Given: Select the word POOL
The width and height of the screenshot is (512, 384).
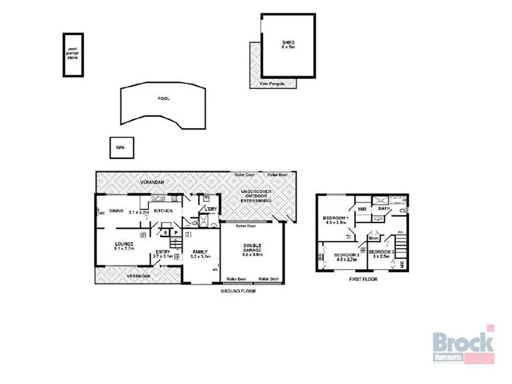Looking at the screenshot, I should click(x=164, y=99).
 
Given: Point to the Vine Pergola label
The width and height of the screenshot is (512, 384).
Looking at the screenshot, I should click(x=272, y=84).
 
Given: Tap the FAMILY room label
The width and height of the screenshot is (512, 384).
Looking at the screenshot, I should click(x=200, y=252).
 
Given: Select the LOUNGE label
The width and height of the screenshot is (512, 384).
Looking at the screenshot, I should click(x=123, y=244).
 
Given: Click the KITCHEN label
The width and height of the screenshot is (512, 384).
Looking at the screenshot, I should click(x=163, y=211).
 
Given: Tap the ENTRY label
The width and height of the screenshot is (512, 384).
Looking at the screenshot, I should click(x=162, y=252).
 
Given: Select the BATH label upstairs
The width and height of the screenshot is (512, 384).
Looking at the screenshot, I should click(x=384, y=208).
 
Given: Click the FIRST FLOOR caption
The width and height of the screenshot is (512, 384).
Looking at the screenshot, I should click(x=363, y=279).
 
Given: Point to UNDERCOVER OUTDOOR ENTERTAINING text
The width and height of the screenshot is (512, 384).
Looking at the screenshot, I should click(x=256, y=197).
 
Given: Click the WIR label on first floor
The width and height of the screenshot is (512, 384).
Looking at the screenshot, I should click(x=362, y=209).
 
